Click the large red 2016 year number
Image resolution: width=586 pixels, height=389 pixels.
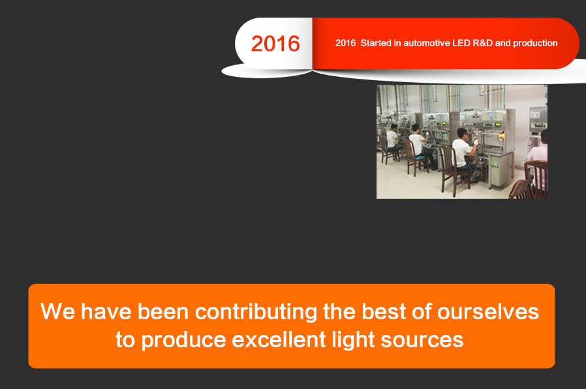tap(275, 44)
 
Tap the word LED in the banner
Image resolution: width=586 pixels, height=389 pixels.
tap(461, 43)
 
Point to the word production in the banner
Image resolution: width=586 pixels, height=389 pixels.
tap(535, 44)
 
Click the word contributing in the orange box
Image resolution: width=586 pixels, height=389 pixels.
tap(256, 312)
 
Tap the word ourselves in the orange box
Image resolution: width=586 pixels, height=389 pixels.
tap(488, 312)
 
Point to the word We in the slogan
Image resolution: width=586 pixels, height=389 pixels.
tap(58, 311)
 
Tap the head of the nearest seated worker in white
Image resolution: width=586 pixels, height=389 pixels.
tap(463, 133)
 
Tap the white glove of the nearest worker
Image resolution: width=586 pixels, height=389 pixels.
tap(476, 142)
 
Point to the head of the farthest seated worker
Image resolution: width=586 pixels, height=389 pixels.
tap(393, 127)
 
